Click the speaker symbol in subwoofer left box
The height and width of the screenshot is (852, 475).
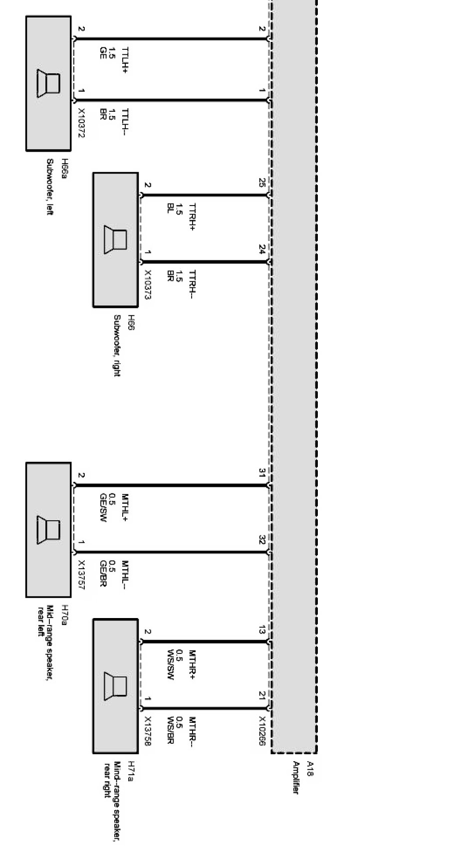48,83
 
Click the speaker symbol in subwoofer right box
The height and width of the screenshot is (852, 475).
115,239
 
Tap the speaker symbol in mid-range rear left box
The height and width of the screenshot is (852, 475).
48,530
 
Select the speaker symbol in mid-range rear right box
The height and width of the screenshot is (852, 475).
115,686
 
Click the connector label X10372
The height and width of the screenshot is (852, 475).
82,123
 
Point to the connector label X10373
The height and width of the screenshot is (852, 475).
148,285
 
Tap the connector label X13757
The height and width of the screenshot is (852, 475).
82,575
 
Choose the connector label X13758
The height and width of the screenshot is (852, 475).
148,731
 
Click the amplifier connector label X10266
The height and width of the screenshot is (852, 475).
262,731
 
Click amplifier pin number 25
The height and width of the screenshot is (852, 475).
262,183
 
